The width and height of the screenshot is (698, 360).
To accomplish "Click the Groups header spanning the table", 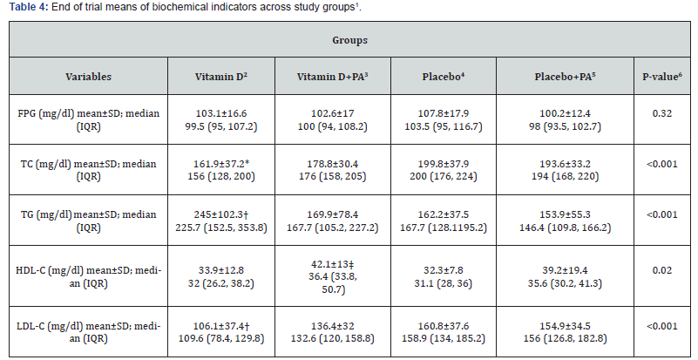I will [348, 40].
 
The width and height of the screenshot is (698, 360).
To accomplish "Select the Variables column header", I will [88, 77].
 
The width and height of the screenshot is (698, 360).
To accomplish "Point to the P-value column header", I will [662, 77].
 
